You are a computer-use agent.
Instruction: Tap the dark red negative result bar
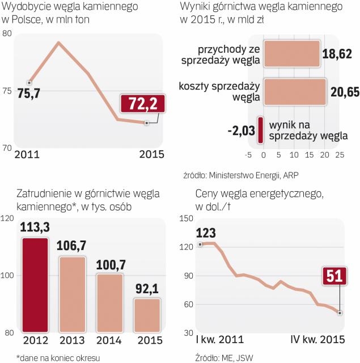click(x=260, y=130)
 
